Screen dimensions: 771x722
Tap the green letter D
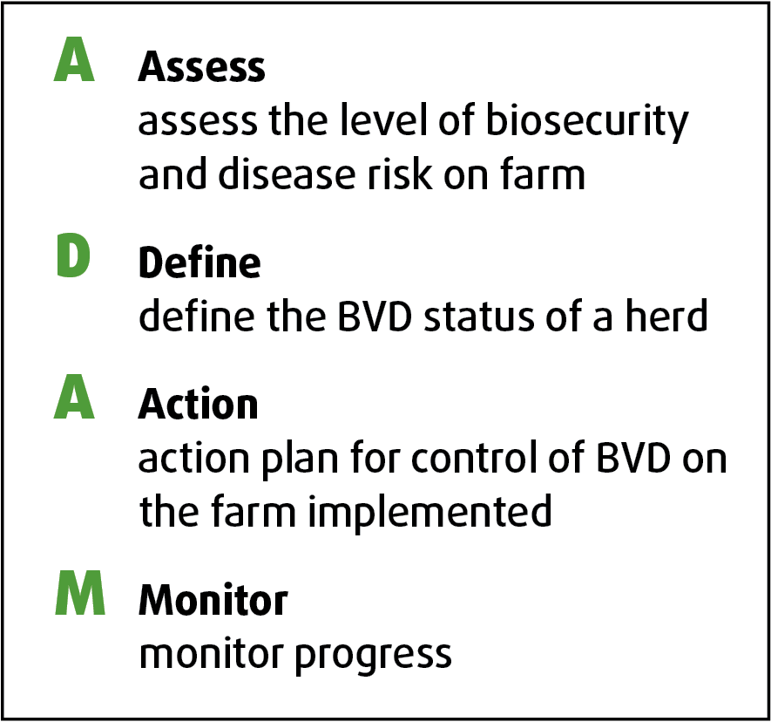pyautogui.click(x=73, y=255)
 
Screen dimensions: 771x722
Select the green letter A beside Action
pyautogui.click(x=74, y=397)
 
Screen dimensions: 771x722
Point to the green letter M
pyautogui.click(x=79, y=593)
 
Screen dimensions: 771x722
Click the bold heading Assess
pyautogui.click(x=201, y=66)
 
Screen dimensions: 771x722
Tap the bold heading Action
pyautogui.click(x=198, y=403)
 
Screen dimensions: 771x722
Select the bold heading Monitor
pyautogui.click(x=213, y=599)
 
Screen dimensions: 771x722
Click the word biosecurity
pyautogui.click(x=587, y=121)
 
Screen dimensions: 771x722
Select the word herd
pyautogui.click(x=666, y=315)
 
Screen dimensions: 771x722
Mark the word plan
pyautogui.click(x=300, y=460)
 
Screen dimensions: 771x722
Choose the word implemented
pyautogui.click(x=429, y=513)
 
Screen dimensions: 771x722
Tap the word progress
pyautogui.click(x=373, y=656)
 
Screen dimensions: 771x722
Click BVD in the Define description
pyautogui.click(x=375, y=315)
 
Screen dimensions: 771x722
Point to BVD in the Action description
pyautogui.click(x=633, y=457)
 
